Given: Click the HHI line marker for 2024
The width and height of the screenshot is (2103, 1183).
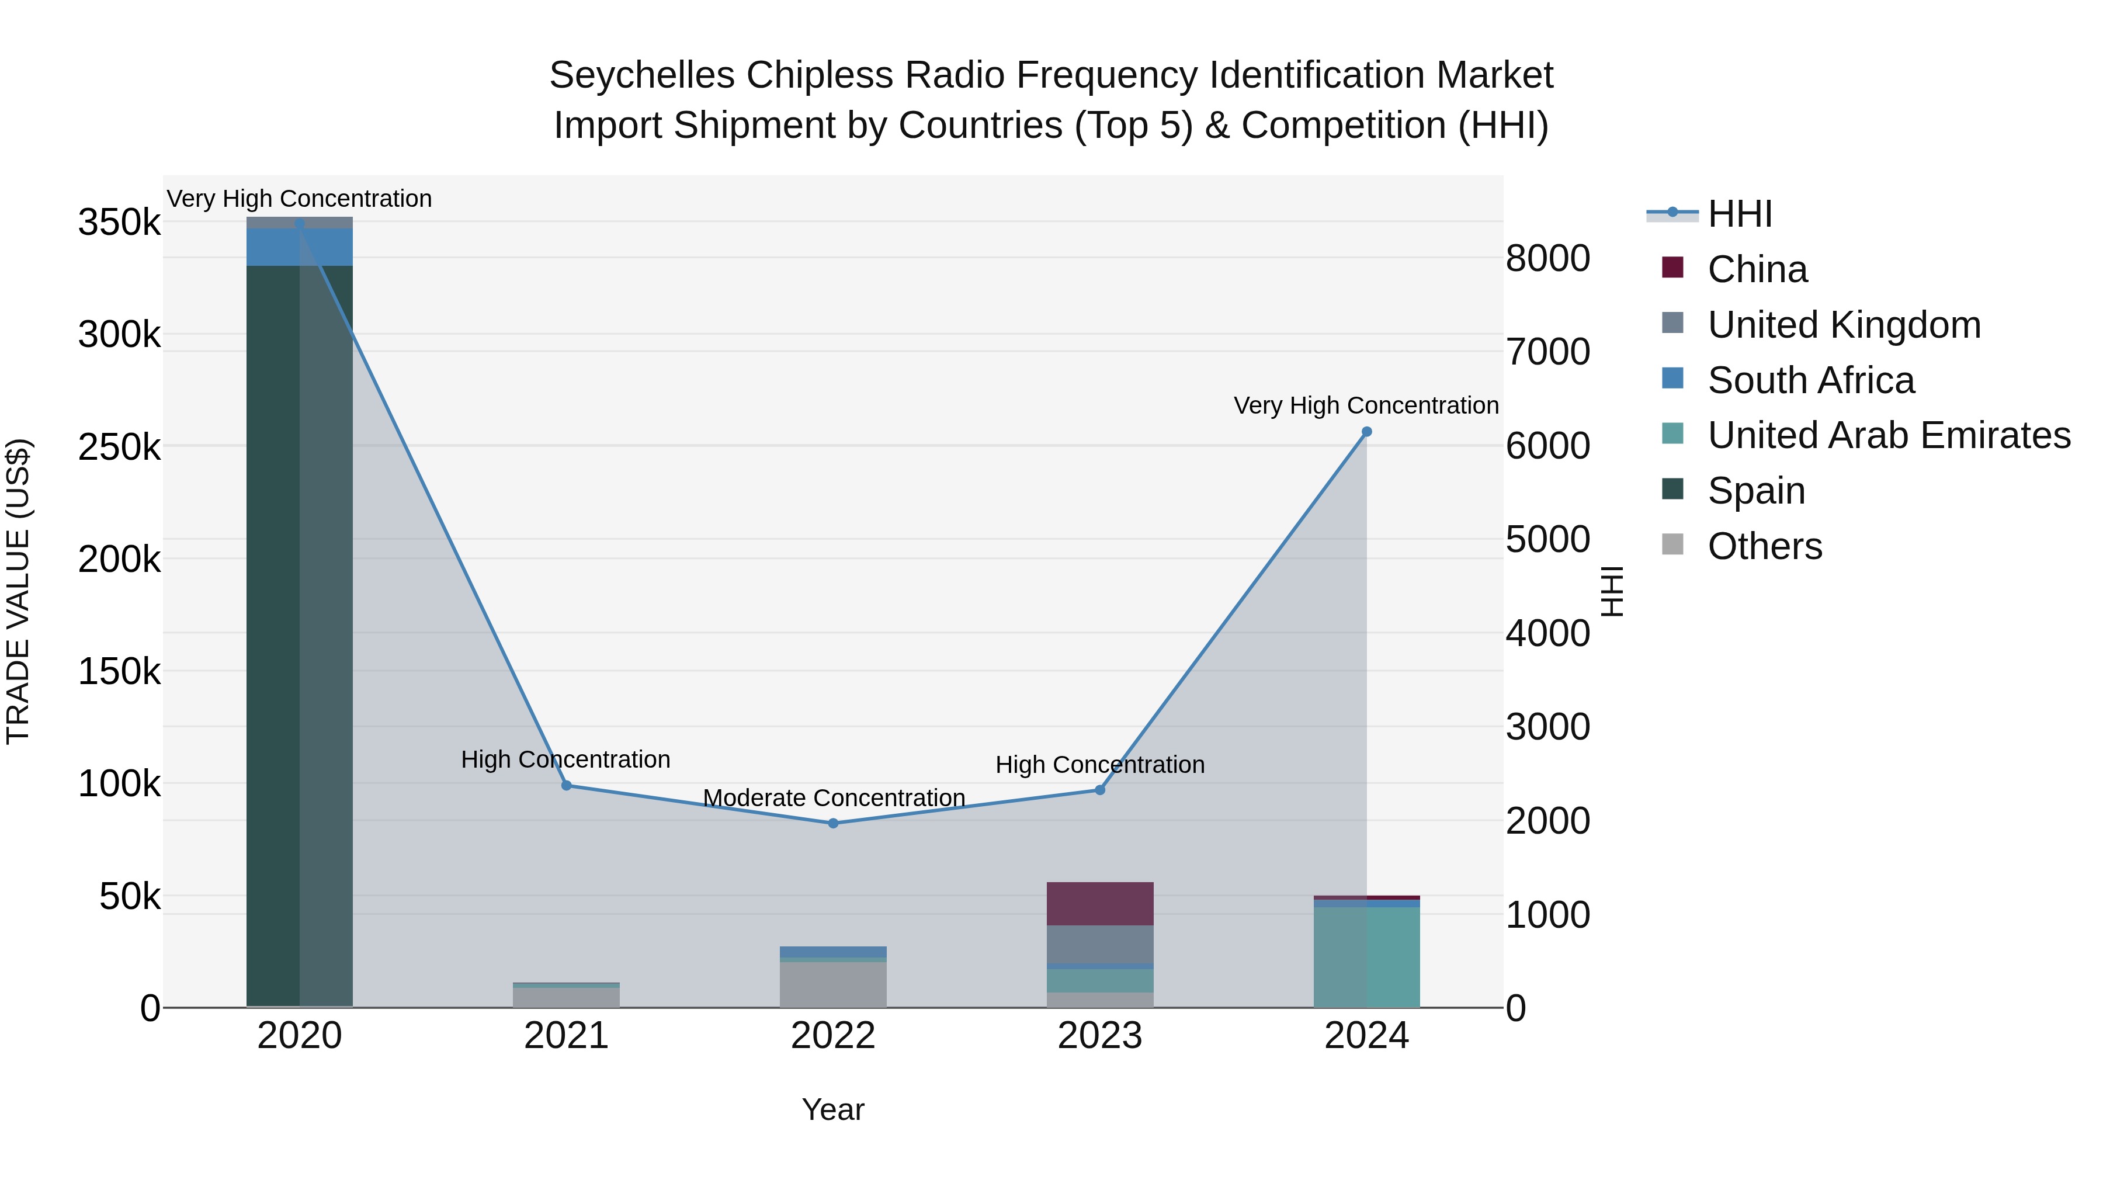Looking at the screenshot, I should [1366, 432].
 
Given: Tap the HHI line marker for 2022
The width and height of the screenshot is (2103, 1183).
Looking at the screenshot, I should [832, 823].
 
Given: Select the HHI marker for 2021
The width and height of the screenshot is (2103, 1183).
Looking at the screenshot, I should [567, 785].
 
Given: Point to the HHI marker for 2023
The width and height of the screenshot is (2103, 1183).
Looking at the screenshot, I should [1099, 789].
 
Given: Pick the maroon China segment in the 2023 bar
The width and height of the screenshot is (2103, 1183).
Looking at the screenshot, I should [1099, 903].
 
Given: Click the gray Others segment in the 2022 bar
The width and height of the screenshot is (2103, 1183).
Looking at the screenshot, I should [832, 984].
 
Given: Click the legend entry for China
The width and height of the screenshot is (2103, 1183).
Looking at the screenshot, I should [1757, 269].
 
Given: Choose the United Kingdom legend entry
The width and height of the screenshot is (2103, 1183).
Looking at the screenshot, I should [1844, 325].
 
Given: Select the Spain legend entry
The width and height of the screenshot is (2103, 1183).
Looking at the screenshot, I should [1755, 491].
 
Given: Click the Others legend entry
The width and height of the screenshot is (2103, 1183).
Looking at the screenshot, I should [1764, 546].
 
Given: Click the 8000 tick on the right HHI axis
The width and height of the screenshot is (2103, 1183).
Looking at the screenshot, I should [1547, 258].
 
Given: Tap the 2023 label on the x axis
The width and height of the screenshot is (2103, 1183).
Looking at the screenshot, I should [1099, 1036].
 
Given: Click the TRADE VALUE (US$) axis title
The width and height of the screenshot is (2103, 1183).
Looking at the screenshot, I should [18, 591].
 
